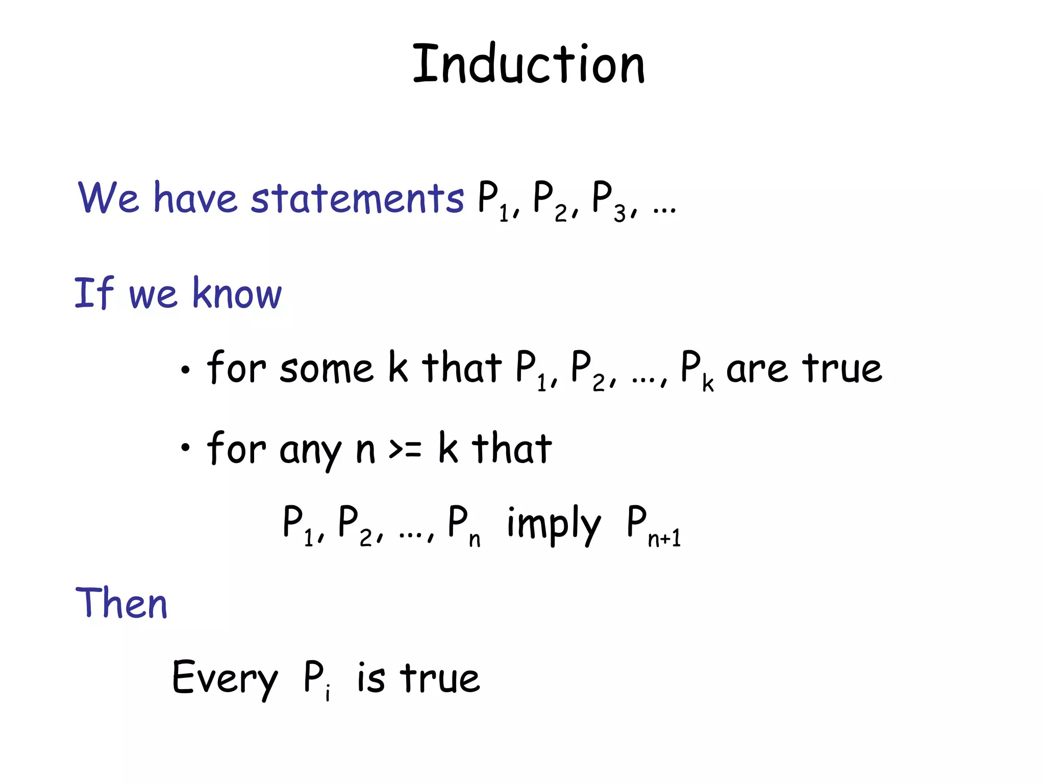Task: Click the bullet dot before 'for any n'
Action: click(x=185, y=448)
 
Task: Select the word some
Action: click(x=326, y=369)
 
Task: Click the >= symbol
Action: click(x=405, y=449)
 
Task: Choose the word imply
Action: click(x=554, y=524)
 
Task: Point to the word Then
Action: click(x=121, y=603)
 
